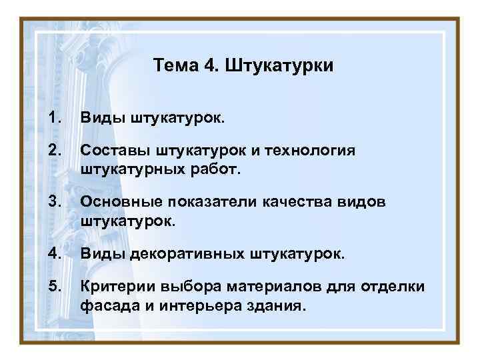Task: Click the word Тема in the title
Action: point(173,66)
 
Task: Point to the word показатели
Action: point(210,202)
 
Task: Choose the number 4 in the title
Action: point(211,66)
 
